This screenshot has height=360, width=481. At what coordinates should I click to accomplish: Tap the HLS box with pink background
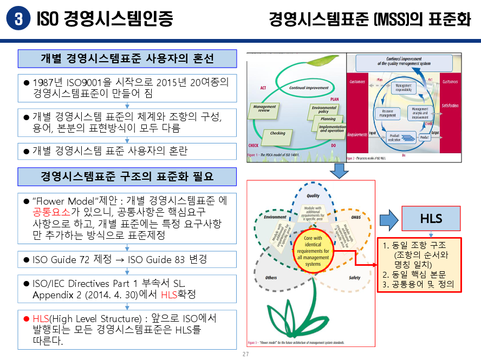pyautogui.click(x=431, y=219)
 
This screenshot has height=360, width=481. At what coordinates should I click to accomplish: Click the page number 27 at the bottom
pyautogui.click(x=245, y=355)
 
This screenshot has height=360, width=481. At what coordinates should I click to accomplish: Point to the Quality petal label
pyautogui.click(x=313, y=196)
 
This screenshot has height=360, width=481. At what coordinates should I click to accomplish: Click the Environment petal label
pyautogui.click(x=275, y=217)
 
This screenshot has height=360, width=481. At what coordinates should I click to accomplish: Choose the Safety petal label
pyautogui.click(x=355, y=278)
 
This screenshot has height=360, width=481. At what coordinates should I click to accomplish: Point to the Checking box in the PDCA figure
pyautogui.click(x=278, y=133)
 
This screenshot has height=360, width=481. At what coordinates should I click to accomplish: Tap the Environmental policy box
pyautogui.click(x=324, y=110)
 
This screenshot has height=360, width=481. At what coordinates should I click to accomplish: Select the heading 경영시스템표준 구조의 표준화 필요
pyautogui.click(x=127, y=176)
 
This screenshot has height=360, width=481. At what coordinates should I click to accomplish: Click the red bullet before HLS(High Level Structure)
pyautogui.click(x=27, y=319)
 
